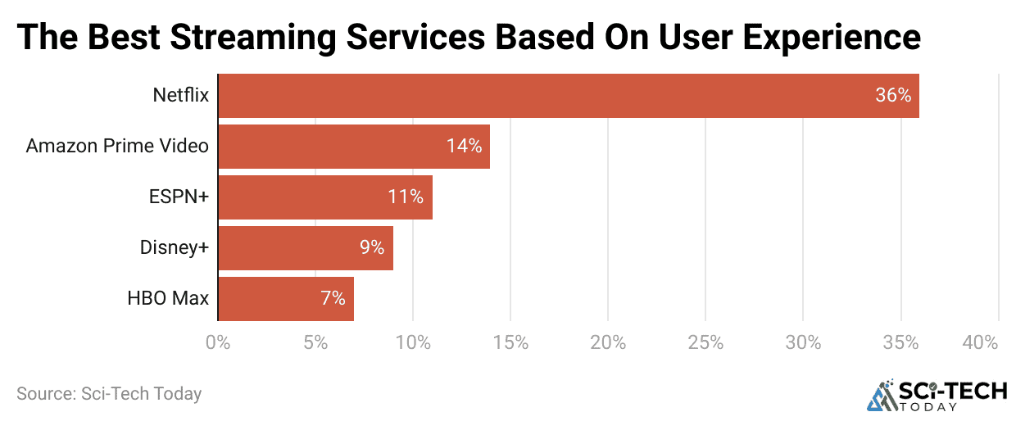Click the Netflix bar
click(568, 96)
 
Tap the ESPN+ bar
click(324, 197)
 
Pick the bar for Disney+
click(305, 248)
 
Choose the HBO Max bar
click(285, 299)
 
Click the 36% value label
click(892, 96)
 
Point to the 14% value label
click(464, 147)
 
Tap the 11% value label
click(405, 197)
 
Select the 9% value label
click(371, 248)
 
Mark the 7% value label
click(333, 299)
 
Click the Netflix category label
click(180, 96)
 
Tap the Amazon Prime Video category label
click(117, 147)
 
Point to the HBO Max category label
click(168, 299)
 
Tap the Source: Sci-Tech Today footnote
click(109, 394)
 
